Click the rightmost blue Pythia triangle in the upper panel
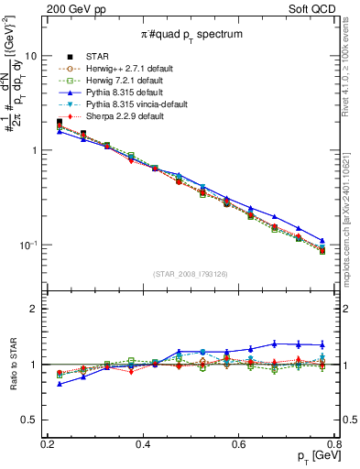point(322,241)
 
